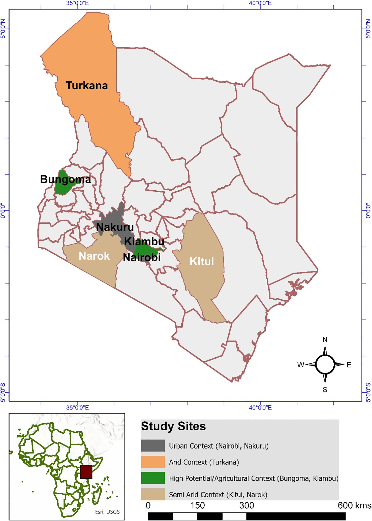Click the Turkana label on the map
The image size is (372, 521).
87,86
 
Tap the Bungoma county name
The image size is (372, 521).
65,180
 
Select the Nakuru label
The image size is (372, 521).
115,227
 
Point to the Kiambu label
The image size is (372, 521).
144,242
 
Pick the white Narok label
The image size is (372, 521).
94,256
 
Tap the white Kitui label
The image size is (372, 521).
202,262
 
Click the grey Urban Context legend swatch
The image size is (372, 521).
153,446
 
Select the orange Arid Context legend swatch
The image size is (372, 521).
153,462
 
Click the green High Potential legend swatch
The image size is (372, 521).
153,478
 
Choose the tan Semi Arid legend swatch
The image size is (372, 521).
153,494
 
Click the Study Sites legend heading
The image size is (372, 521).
173,426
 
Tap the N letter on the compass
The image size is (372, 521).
325,340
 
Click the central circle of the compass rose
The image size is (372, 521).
325,364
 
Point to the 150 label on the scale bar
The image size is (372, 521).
197,505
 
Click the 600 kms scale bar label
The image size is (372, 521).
354,505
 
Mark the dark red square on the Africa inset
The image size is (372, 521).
86,472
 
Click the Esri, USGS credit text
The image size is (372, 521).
107,512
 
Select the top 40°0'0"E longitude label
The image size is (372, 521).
260,3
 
